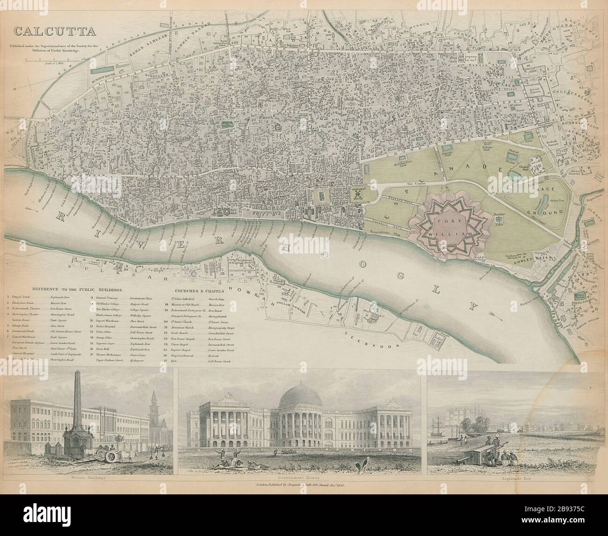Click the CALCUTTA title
pos(54,32)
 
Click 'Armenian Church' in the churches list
pos(189,329)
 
